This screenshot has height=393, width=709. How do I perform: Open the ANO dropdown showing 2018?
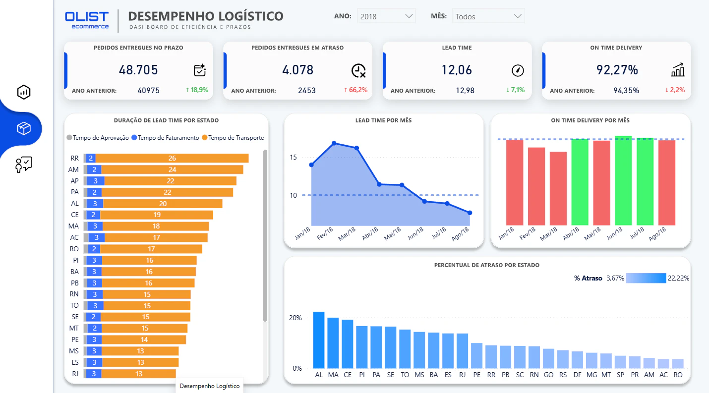tap(386, 16)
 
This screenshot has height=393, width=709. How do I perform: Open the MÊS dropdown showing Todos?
tap(488, 16)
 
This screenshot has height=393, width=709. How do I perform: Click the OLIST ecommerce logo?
tap(87, 20)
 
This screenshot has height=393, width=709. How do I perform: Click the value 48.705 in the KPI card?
tap(138, 70)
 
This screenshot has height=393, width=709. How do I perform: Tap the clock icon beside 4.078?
tap(358, 70)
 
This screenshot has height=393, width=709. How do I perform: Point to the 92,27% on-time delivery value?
tap(617, 70)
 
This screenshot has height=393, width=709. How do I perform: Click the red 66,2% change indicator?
tap(355, 90)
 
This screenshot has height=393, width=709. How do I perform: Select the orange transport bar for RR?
tap(172, 158)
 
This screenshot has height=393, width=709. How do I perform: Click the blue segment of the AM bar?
tap(94, 169)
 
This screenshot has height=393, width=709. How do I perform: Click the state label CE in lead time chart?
tap(75, 215)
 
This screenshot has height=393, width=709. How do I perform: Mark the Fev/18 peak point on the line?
tap(334, 143)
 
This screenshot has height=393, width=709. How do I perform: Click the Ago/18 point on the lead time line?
tap(470, 213)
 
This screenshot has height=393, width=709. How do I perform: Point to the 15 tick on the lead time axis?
tap(293, 157)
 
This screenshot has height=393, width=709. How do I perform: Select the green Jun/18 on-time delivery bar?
tap(623, 180)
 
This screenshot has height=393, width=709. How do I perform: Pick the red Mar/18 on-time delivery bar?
tap(558, 189)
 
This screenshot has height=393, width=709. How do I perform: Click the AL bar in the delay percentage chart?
tap(319, 340)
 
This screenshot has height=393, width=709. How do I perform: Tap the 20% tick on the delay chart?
tap(295, 318)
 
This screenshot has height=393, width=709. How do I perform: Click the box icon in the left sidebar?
tap(24, 128)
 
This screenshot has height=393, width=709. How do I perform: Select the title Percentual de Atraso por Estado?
tap(487, 265)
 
